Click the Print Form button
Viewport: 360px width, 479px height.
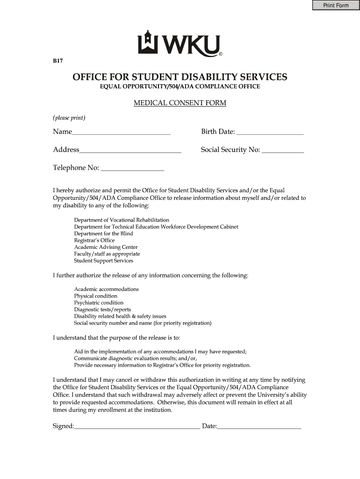pyautogui.click(x=336, y=5)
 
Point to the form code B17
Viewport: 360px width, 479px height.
pyautogui.click(x=58, y=61)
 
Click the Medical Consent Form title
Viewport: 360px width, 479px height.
pyautogui.click(x=180, y=103)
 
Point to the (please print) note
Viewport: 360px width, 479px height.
pyautogui.click(x=69, y=117)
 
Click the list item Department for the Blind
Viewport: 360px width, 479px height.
pyautogui.click(x=103, y=233)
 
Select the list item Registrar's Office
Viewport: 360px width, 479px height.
pyautogui.click(x=94, y=240)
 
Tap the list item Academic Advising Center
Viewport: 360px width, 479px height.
pyautogui.click(x=106, y=247)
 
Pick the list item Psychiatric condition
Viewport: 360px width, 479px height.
pyautogui.click(x=99, y=303)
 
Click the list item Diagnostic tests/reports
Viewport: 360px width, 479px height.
pyautogui.click(x=102, y=310)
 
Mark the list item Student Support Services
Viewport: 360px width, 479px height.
pyautogui.click(x=103, y=261)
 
